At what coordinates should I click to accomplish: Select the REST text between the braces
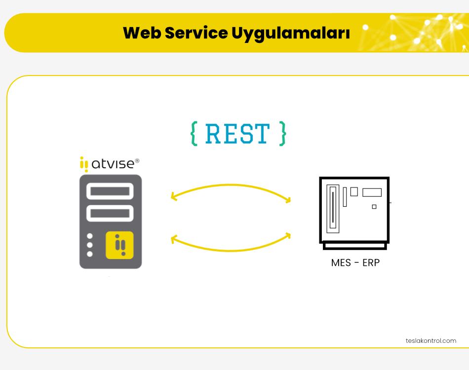pyautogui.click(x=237, y=134)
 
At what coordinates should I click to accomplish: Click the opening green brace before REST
pyautogui.click(x=194, y=133)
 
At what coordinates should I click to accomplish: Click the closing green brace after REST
pyautogui.click(x=282, y=133)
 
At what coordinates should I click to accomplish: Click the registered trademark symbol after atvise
pyautogui.click(x=137, y=161)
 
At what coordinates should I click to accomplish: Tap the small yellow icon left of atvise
pyautogui.click(x=84, y=164)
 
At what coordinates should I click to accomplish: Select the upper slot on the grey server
pyautogui.click(x=111, y=191)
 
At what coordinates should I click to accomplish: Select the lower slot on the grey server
pyautogui.click(x=111, y=213)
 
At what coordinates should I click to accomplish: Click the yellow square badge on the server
pyautogui.click(x=119, y=245)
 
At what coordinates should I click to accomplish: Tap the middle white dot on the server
pyautogui.click(x=90, y=245)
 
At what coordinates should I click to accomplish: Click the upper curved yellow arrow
pyautogui.click(x=231, y=189)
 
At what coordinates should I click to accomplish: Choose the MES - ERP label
pyautogui.click(x=355, y=263)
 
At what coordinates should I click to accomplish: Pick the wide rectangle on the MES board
pyautogui.click(x=372, y=192)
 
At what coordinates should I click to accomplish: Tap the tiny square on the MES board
pyautogui.click(x=374, y=207)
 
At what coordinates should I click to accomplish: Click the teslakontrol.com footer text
pyautogui.click(x=430, y=340)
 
